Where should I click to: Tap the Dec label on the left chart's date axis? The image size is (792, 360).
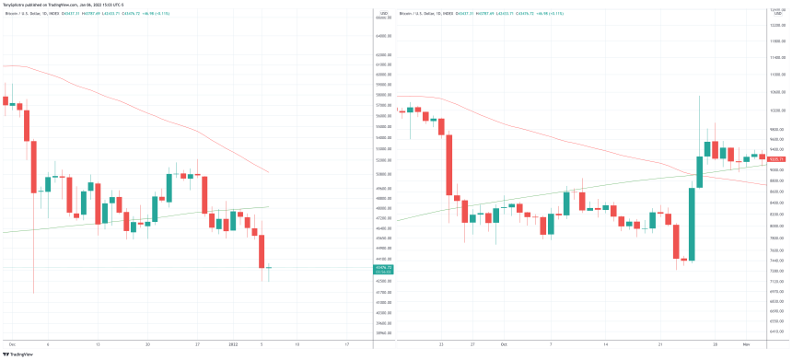click(x=10, y=343)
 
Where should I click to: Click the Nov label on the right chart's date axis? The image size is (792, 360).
click(x=746, y=343)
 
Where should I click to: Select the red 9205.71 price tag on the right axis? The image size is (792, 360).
click(x=776, y=160)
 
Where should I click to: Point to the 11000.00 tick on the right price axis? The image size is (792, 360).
click(x=776, y=74)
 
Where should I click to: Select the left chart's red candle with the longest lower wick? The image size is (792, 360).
click(x=34, y=166)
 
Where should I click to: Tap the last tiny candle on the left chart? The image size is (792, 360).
click(x=270, y=268)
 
